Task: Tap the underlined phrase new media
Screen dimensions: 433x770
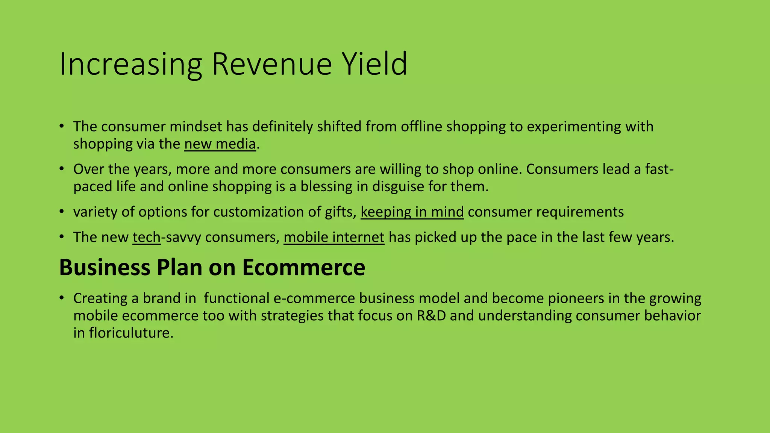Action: [220, 144]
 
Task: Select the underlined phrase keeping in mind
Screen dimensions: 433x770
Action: [412, 212]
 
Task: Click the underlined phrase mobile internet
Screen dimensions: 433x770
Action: [334, 237]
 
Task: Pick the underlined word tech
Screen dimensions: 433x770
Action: [147, 237]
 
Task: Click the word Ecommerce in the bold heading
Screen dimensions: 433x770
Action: [303, 268]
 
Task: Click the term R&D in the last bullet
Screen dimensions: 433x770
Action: [431, 315]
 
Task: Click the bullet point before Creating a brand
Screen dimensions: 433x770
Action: [62, 298]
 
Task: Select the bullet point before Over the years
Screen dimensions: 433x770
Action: [62, 169]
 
